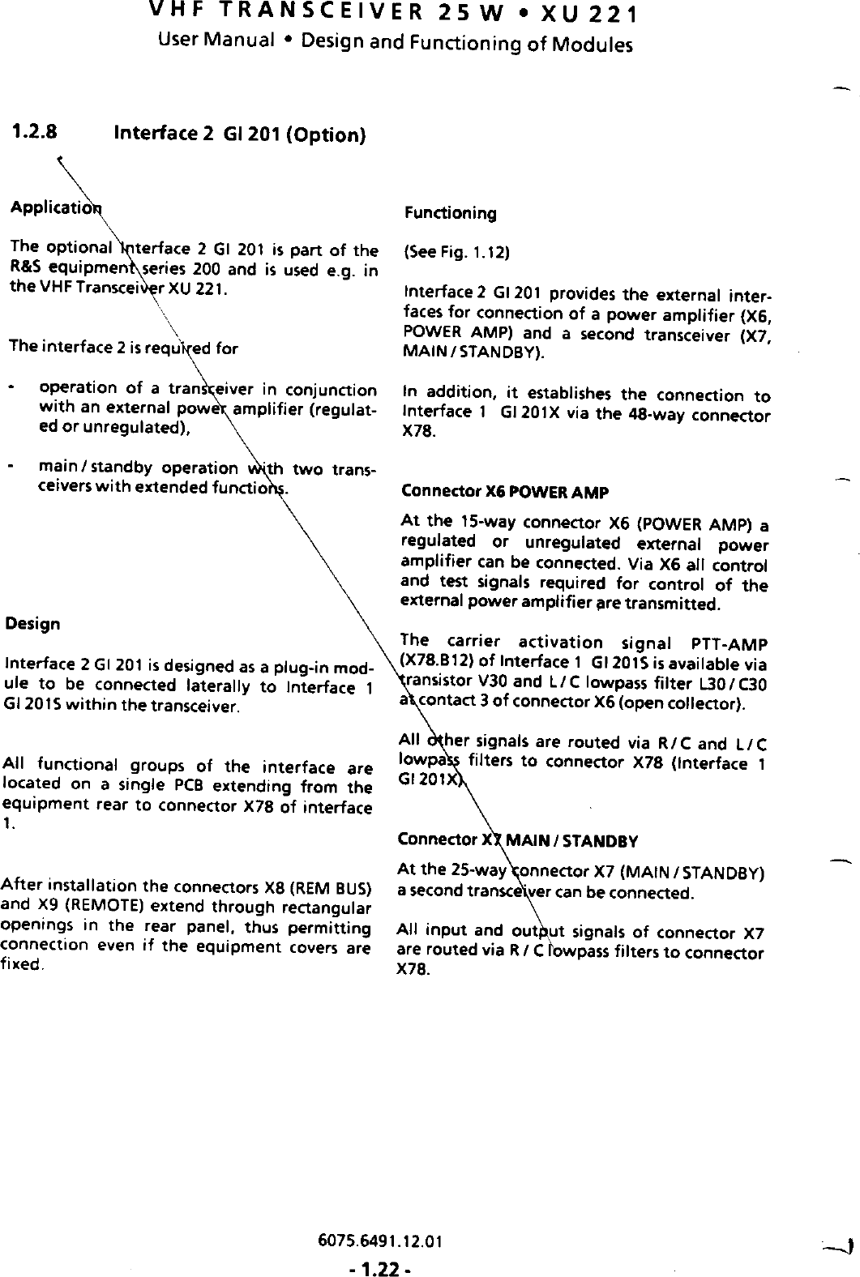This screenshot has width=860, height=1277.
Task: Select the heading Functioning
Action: coord(450,214)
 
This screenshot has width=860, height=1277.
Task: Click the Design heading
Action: coord(32,624)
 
